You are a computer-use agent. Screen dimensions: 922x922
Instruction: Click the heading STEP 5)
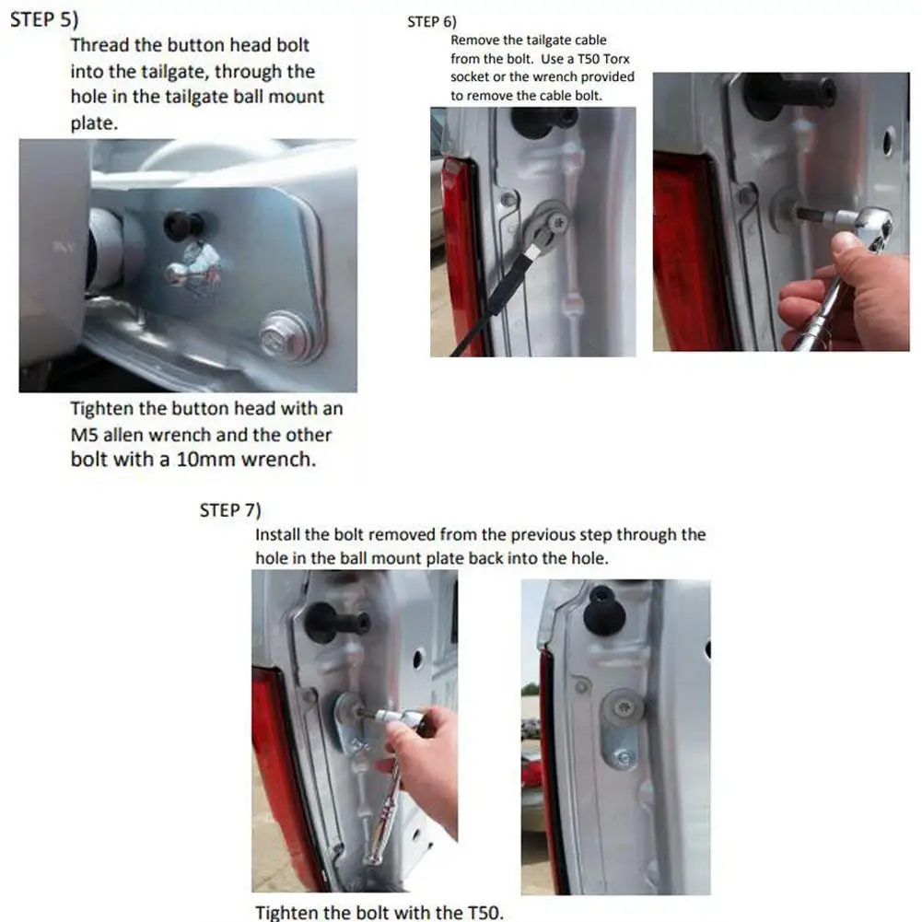44,19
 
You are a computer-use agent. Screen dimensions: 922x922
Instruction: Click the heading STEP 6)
432,22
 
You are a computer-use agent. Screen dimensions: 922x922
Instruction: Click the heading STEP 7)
230,509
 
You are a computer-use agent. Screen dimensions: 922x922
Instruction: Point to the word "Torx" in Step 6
615,59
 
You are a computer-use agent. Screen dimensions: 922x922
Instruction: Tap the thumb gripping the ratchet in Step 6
846,246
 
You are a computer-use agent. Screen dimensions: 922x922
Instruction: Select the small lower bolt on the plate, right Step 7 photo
624,757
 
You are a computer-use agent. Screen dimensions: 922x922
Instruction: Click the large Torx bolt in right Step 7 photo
623,705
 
